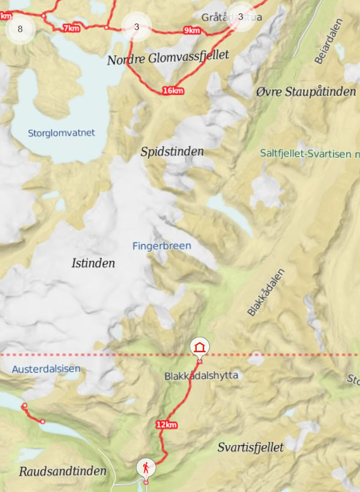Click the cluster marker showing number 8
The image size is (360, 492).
pos(20,29)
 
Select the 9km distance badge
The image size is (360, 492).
pos(192,31)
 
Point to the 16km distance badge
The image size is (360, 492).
pos(172,90)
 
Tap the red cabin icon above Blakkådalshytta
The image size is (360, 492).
pos(200,347)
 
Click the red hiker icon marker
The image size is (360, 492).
pos(146,468)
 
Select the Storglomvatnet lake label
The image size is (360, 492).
pos(61,132)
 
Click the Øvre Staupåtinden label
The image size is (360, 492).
pos(306,92)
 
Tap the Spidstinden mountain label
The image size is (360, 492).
pos(172,152)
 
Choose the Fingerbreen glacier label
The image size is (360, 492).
pos(161,246)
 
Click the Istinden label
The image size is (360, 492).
pos(93,263)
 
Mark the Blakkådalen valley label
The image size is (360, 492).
pos(266,292)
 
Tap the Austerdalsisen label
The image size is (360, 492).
pos(46,368)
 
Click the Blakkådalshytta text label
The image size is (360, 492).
pos(201,376)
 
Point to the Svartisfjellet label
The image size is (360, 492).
pos(251,447)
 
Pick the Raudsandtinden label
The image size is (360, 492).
pos(63,471)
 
